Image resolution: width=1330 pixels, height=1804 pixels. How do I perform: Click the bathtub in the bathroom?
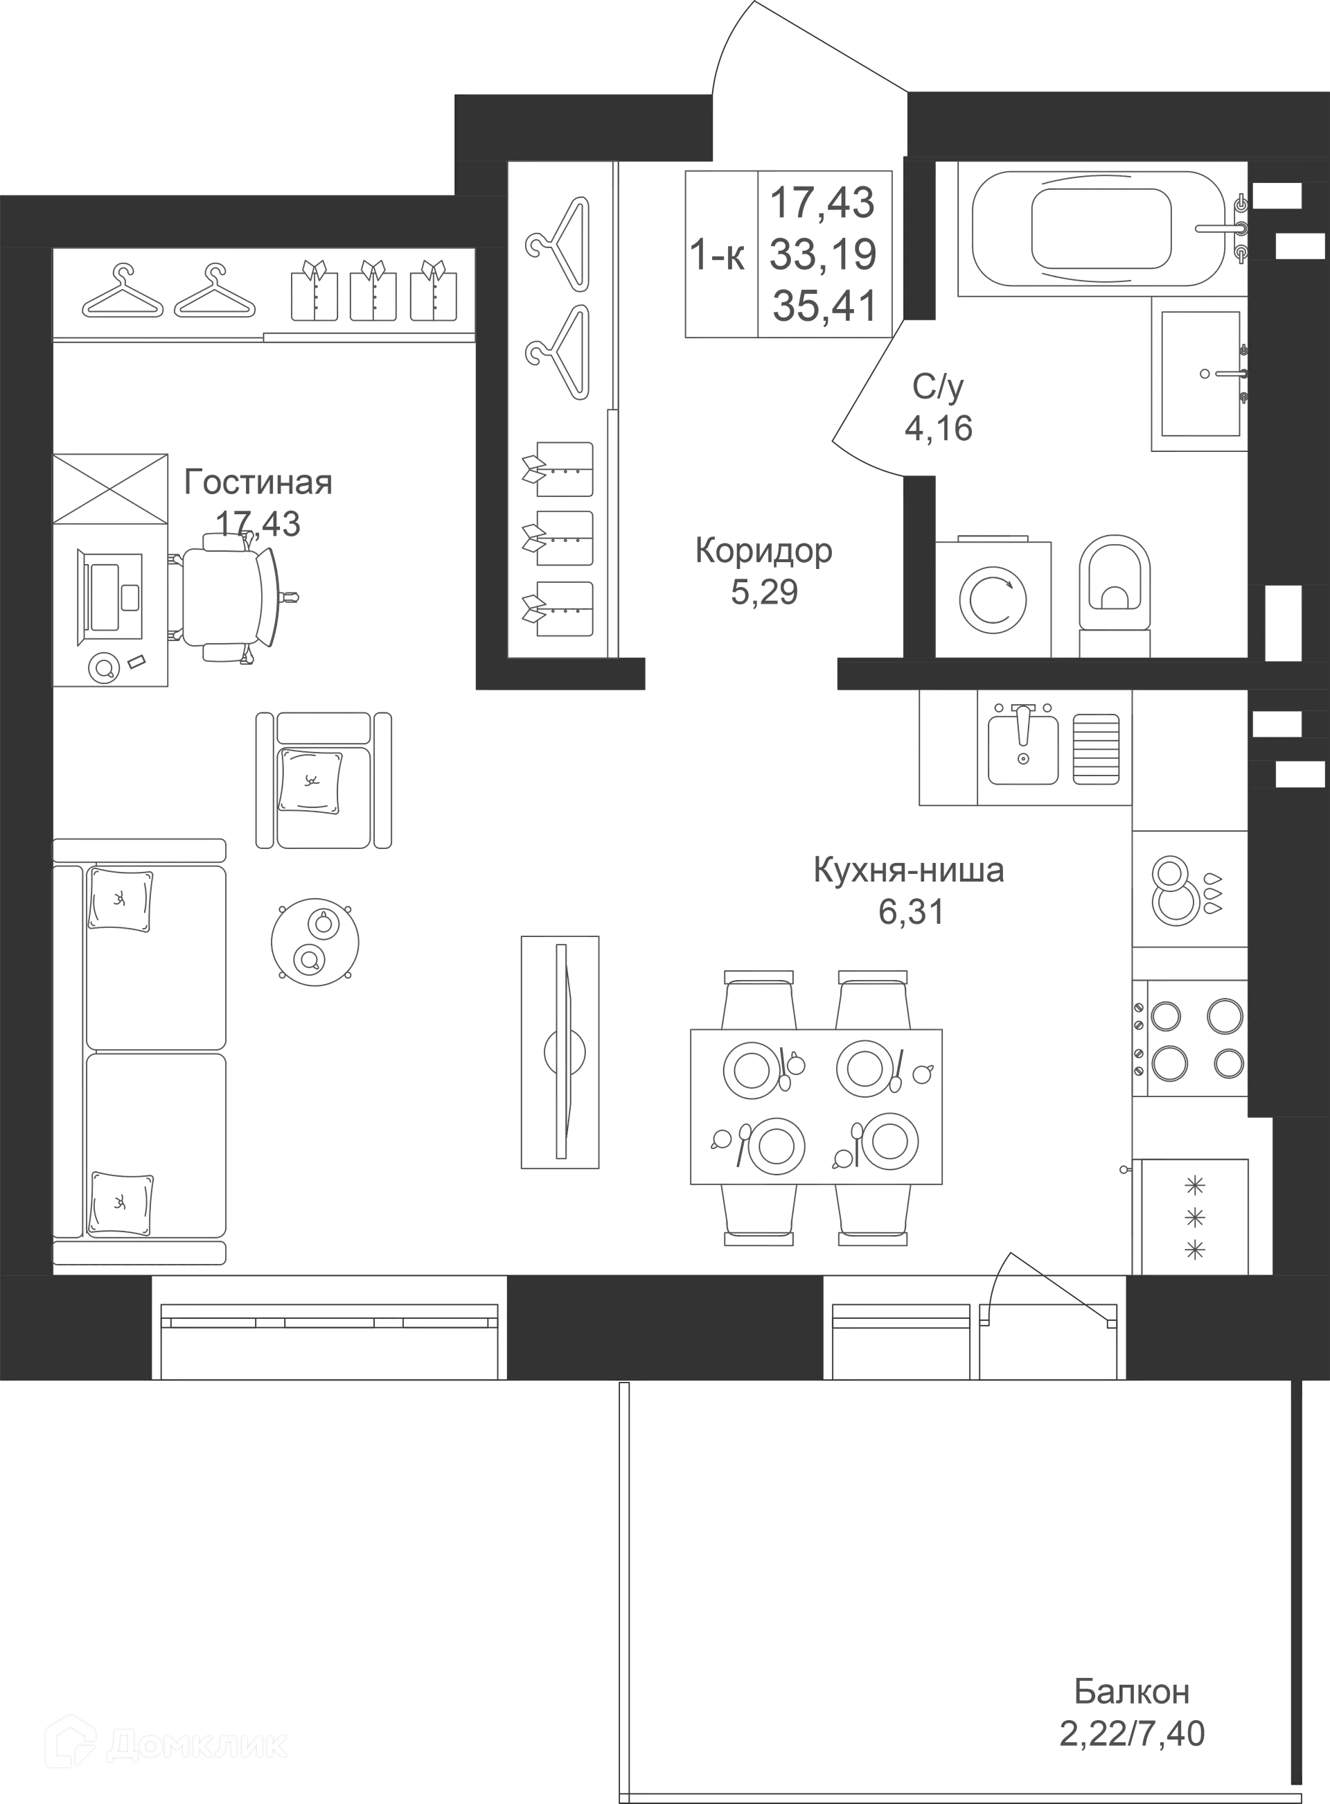point(1101,229)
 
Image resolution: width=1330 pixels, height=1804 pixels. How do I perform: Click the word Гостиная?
point(258,482)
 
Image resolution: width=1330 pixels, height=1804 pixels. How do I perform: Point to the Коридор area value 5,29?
point(764,593)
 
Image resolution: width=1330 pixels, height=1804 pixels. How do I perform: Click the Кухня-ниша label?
point(909,870)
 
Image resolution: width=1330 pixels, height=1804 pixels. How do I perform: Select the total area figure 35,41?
point(824,306)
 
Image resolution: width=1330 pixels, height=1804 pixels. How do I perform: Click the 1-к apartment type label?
point(718,256)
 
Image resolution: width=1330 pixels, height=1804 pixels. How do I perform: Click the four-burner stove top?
point(1190,1038)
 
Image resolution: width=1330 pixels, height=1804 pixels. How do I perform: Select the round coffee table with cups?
point(314,941)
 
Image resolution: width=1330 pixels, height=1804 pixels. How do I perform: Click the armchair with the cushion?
point(323,780)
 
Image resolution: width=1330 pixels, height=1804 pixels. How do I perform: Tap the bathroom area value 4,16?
point(939,428)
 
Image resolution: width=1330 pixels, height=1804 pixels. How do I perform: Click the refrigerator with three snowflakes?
point(1195,1216)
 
